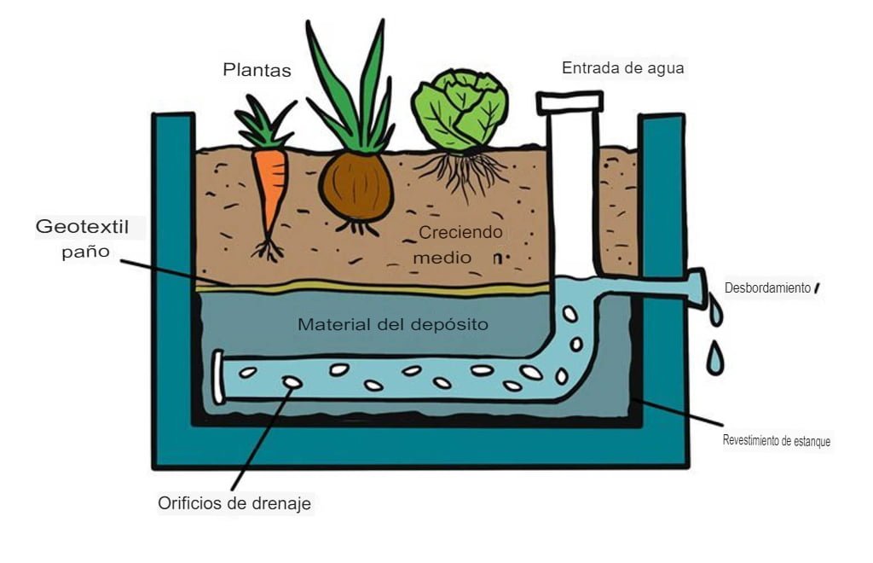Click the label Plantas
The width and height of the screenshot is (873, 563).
pyautogui.click(x=257, y=70)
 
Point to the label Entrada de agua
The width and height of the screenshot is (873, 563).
pyautogui.click(x=622, y=68)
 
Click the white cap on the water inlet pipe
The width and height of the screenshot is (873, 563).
pyautogui.click(x=569, y=102)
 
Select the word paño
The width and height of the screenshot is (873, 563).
pyautogui.click(x=84, y=252)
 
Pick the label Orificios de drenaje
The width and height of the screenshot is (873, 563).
pyautogui.click(x=234, y=503)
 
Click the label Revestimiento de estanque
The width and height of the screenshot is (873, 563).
pyautogui.click(x=776, y=441)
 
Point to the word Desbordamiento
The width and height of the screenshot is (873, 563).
pyautogui.click(x=767, y=288)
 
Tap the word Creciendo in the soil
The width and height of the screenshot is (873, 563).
pyautogui.click(x=460, y=232)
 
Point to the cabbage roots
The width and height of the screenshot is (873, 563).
pyautogui.click(x=461, y=171)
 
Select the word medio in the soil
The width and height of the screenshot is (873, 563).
pyautogui.click(x=442, y=257)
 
